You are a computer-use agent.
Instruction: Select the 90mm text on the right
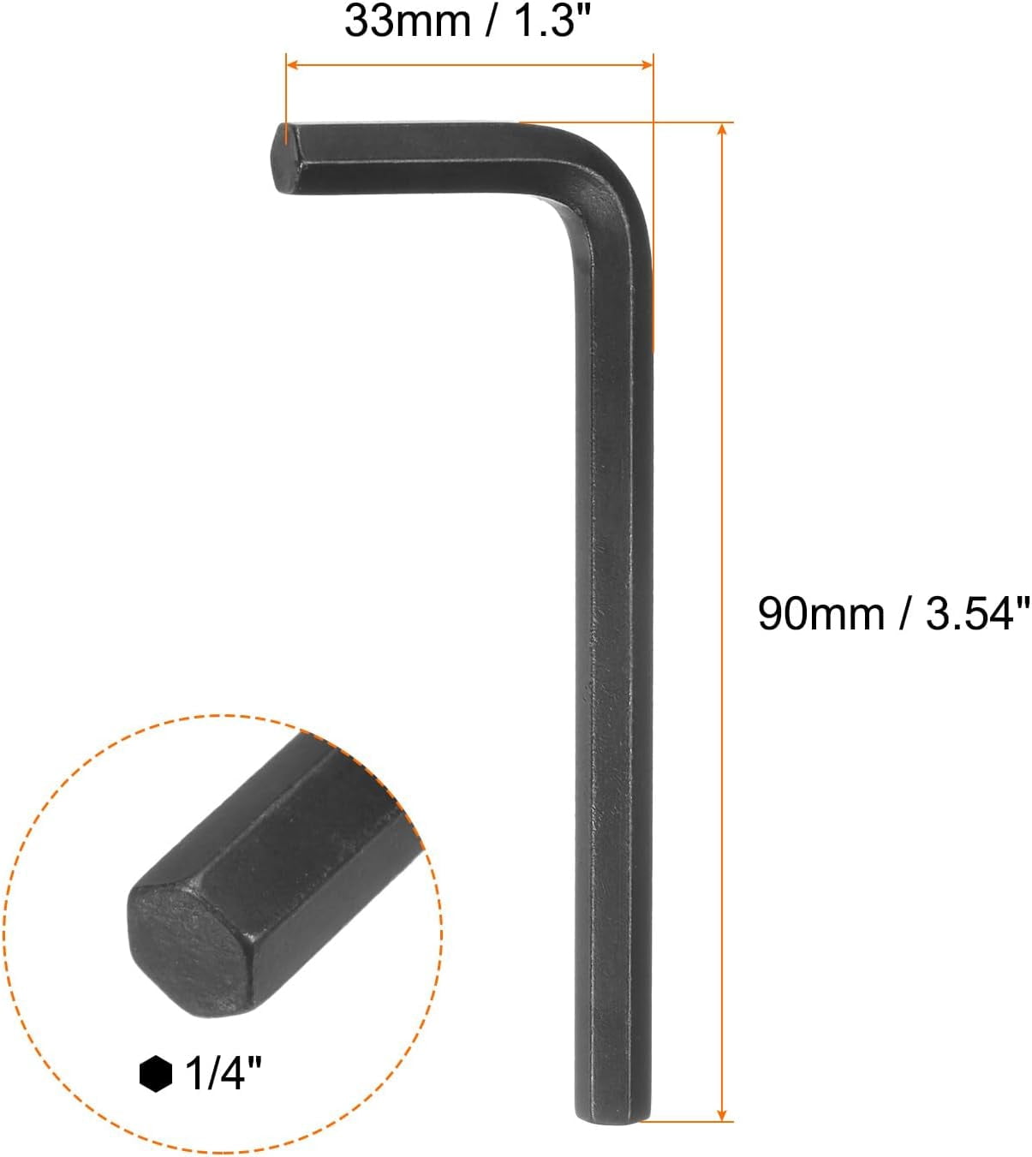pos(822,614)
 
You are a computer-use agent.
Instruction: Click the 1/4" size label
pos(224,1074)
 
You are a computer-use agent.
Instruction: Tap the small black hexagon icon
pos(156,1074)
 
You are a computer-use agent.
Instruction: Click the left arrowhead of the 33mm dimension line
pos(292,64)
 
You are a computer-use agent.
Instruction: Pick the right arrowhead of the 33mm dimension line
pos(646,64)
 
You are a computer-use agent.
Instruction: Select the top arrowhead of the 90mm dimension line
pos(723,129)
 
